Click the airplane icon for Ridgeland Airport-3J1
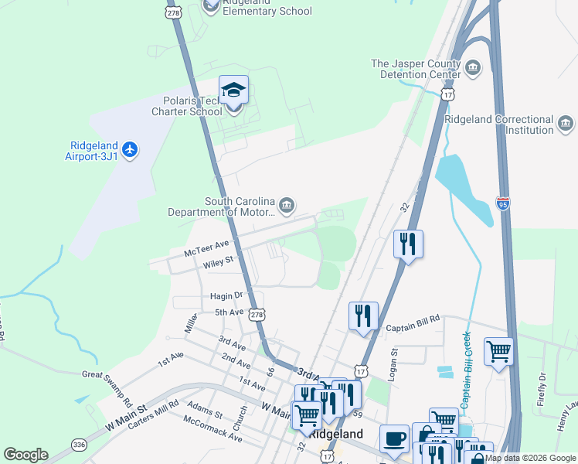tap(130, 148)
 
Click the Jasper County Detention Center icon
tap(474, 70)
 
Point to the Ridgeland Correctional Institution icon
tap(566, 124)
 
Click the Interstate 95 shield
tap(503, 204)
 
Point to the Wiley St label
tap(218, 263)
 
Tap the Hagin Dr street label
tap(226, 296)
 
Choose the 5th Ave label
tap(229, 312)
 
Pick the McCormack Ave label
tap(212, 430)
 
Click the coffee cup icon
tap(394, 438)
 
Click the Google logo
tap(25, 455)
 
